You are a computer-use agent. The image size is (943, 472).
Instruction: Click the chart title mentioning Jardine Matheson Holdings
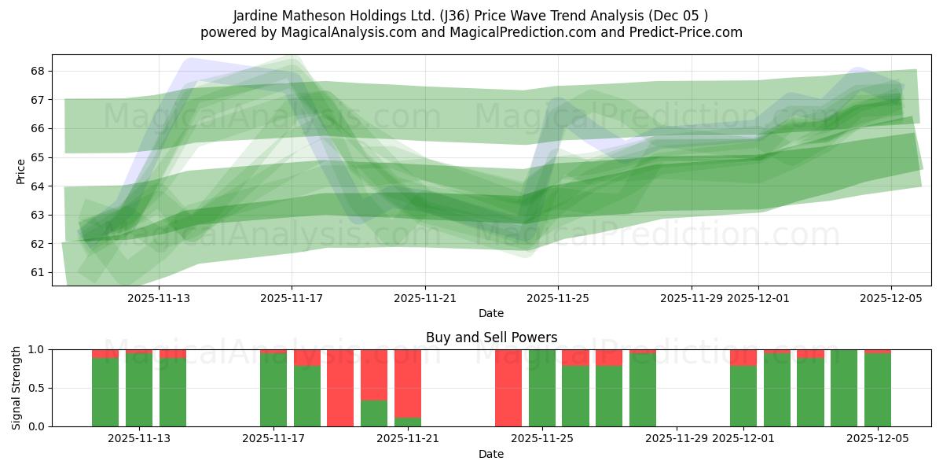471,16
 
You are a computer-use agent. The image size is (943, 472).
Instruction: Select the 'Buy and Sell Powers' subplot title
491,337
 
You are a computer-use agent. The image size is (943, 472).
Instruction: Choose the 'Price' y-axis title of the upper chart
20,170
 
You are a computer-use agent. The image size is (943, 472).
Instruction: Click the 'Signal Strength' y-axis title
17,388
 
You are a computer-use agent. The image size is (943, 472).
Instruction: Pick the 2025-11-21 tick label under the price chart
425,298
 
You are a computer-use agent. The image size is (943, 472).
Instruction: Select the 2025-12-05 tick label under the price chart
891,298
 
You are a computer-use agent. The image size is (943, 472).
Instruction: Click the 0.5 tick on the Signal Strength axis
38,388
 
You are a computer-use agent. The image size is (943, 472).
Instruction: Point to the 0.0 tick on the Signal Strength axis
38,426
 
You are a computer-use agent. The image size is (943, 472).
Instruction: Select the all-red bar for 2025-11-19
340,388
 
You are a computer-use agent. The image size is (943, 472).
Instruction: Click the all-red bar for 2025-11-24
508,388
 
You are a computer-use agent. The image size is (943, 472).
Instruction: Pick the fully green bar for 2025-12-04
844,388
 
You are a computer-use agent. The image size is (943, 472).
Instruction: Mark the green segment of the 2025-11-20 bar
374,414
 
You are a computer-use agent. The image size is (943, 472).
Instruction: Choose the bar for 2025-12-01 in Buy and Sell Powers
743,396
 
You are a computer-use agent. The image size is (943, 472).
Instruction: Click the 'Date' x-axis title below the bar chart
491,454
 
